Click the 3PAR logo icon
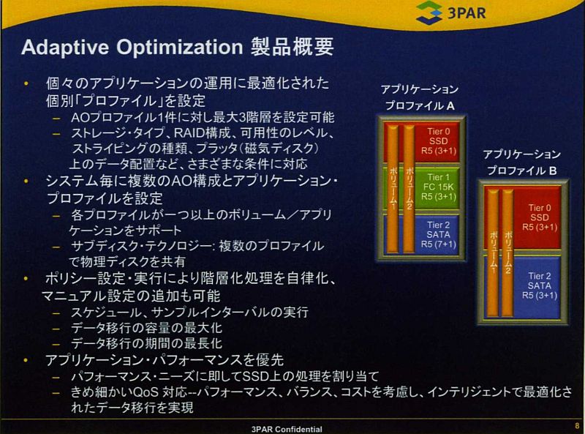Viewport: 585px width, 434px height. [x=429, y=12]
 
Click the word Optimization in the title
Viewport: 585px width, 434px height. [x=179, y=48]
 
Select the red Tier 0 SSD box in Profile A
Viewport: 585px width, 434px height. [x=422, y=141]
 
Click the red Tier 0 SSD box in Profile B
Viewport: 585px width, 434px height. [x=522, y=218]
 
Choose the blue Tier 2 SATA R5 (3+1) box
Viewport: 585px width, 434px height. [x=522, y=287]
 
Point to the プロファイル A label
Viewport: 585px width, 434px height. [x=420, y=105]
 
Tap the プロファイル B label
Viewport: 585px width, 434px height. [x=521, y=171]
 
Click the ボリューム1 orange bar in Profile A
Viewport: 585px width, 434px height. [x=393, y=189]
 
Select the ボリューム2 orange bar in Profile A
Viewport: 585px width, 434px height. [x=409, y=189]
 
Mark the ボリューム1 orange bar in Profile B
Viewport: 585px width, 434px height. [x=493, y=252]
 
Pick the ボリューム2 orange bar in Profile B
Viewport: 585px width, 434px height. [x=507, y=252]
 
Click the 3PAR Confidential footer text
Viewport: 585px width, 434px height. [x=287, y=429]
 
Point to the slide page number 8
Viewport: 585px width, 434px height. [x=577, y=425]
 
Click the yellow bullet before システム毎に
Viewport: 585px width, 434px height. [x=26, y=182]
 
